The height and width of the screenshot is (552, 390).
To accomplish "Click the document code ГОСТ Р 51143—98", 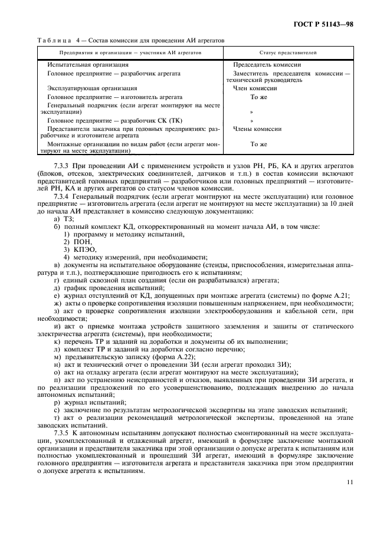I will [x=327, y=25].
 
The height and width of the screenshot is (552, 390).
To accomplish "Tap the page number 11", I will [x=350, y=482].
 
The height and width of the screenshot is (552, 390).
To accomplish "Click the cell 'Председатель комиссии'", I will [x=267, y=64].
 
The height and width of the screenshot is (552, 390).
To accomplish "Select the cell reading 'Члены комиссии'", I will [x=257, y=129].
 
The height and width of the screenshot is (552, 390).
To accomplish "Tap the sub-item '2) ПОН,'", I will [x=77, y=242].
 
